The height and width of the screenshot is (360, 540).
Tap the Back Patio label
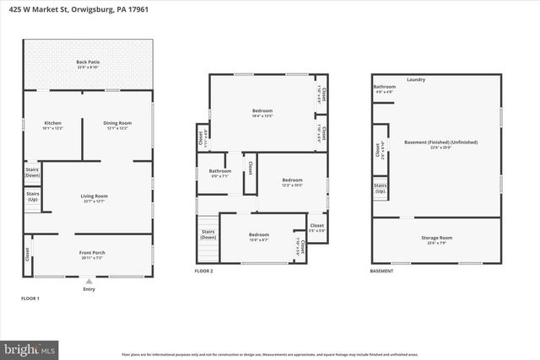pos(88,63)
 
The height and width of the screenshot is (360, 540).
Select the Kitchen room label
pos(52,124)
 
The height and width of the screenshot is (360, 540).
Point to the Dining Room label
pos(116,124)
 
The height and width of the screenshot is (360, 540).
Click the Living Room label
pos(95,198)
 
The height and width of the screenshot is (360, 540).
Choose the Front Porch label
pos(92,255)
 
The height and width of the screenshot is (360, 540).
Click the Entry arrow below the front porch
pos(89,283)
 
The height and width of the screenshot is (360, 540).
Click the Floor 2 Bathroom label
pos(220,173)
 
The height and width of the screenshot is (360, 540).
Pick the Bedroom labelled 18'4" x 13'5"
pos(262,113)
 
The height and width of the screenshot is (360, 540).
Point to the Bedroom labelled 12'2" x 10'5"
pos(292,182)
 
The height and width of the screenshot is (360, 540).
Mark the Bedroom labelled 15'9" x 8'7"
pos(258,236)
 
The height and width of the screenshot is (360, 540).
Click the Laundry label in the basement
pos(415,80)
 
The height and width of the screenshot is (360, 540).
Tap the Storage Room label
pos(436,240)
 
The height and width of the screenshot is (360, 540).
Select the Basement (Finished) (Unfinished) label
pos(440,144)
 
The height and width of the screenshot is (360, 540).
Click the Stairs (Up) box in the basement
pos(381,189)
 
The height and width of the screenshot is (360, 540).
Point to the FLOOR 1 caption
pos(30,299)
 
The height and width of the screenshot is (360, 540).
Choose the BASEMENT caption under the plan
pos(381,271)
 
